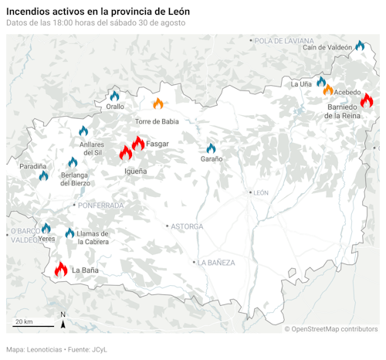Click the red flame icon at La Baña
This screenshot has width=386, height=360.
[61, 270]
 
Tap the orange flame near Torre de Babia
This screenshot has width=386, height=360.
[157, 104]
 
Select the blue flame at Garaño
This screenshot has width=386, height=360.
[211, 148]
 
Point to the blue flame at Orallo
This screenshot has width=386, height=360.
[115, 96]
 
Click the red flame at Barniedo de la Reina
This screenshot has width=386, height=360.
[366, 100]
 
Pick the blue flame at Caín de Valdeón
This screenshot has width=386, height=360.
[359, 46]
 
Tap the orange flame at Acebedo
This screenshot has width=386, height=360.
[328, 90]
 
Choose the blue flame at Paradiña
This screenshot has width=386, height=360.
[44, 176]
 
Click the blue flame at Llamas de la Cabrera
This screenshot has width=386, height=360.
[70, 233]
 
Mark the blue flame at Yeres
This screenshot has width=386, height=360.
[46, 229]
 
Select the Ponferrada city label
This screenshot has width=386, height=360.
[100, 205]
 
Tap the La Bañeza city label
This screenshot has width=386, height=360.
[216, 263]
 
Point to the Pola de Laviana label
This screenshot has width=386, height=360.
[284, 40]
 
